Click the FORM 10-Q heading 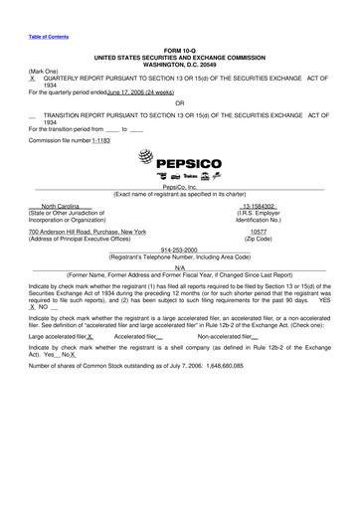coord(179,49)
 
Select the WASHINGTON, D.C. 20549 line coord(179,63)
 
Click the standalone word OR coord(179,103)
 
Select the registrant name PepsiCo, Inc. coord(179,186)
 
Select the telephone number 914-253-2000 coord(179,250)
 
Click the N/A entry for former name coord(179,268)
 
